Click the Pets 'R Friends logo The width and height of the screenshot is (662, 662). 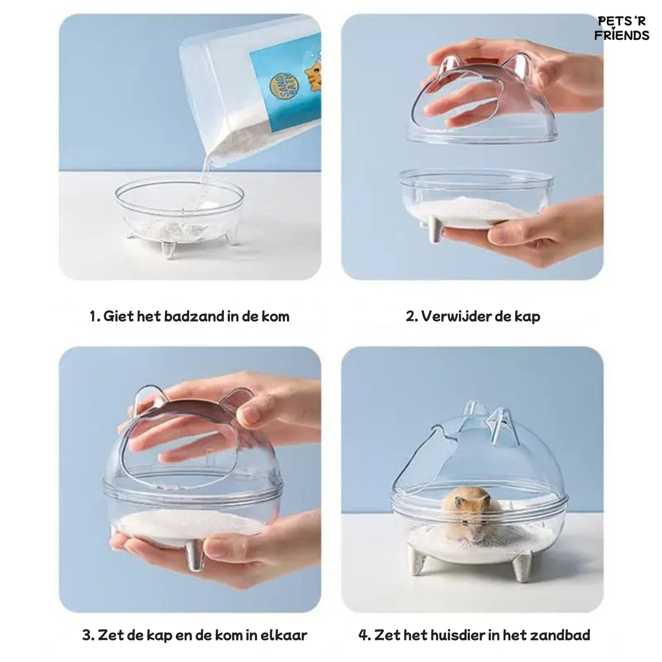click(622, 28)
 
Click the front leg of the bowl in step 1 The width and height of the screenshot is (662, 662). click(168, 249)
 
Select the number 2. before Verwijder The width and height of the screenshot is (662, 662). click(412, 317)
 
